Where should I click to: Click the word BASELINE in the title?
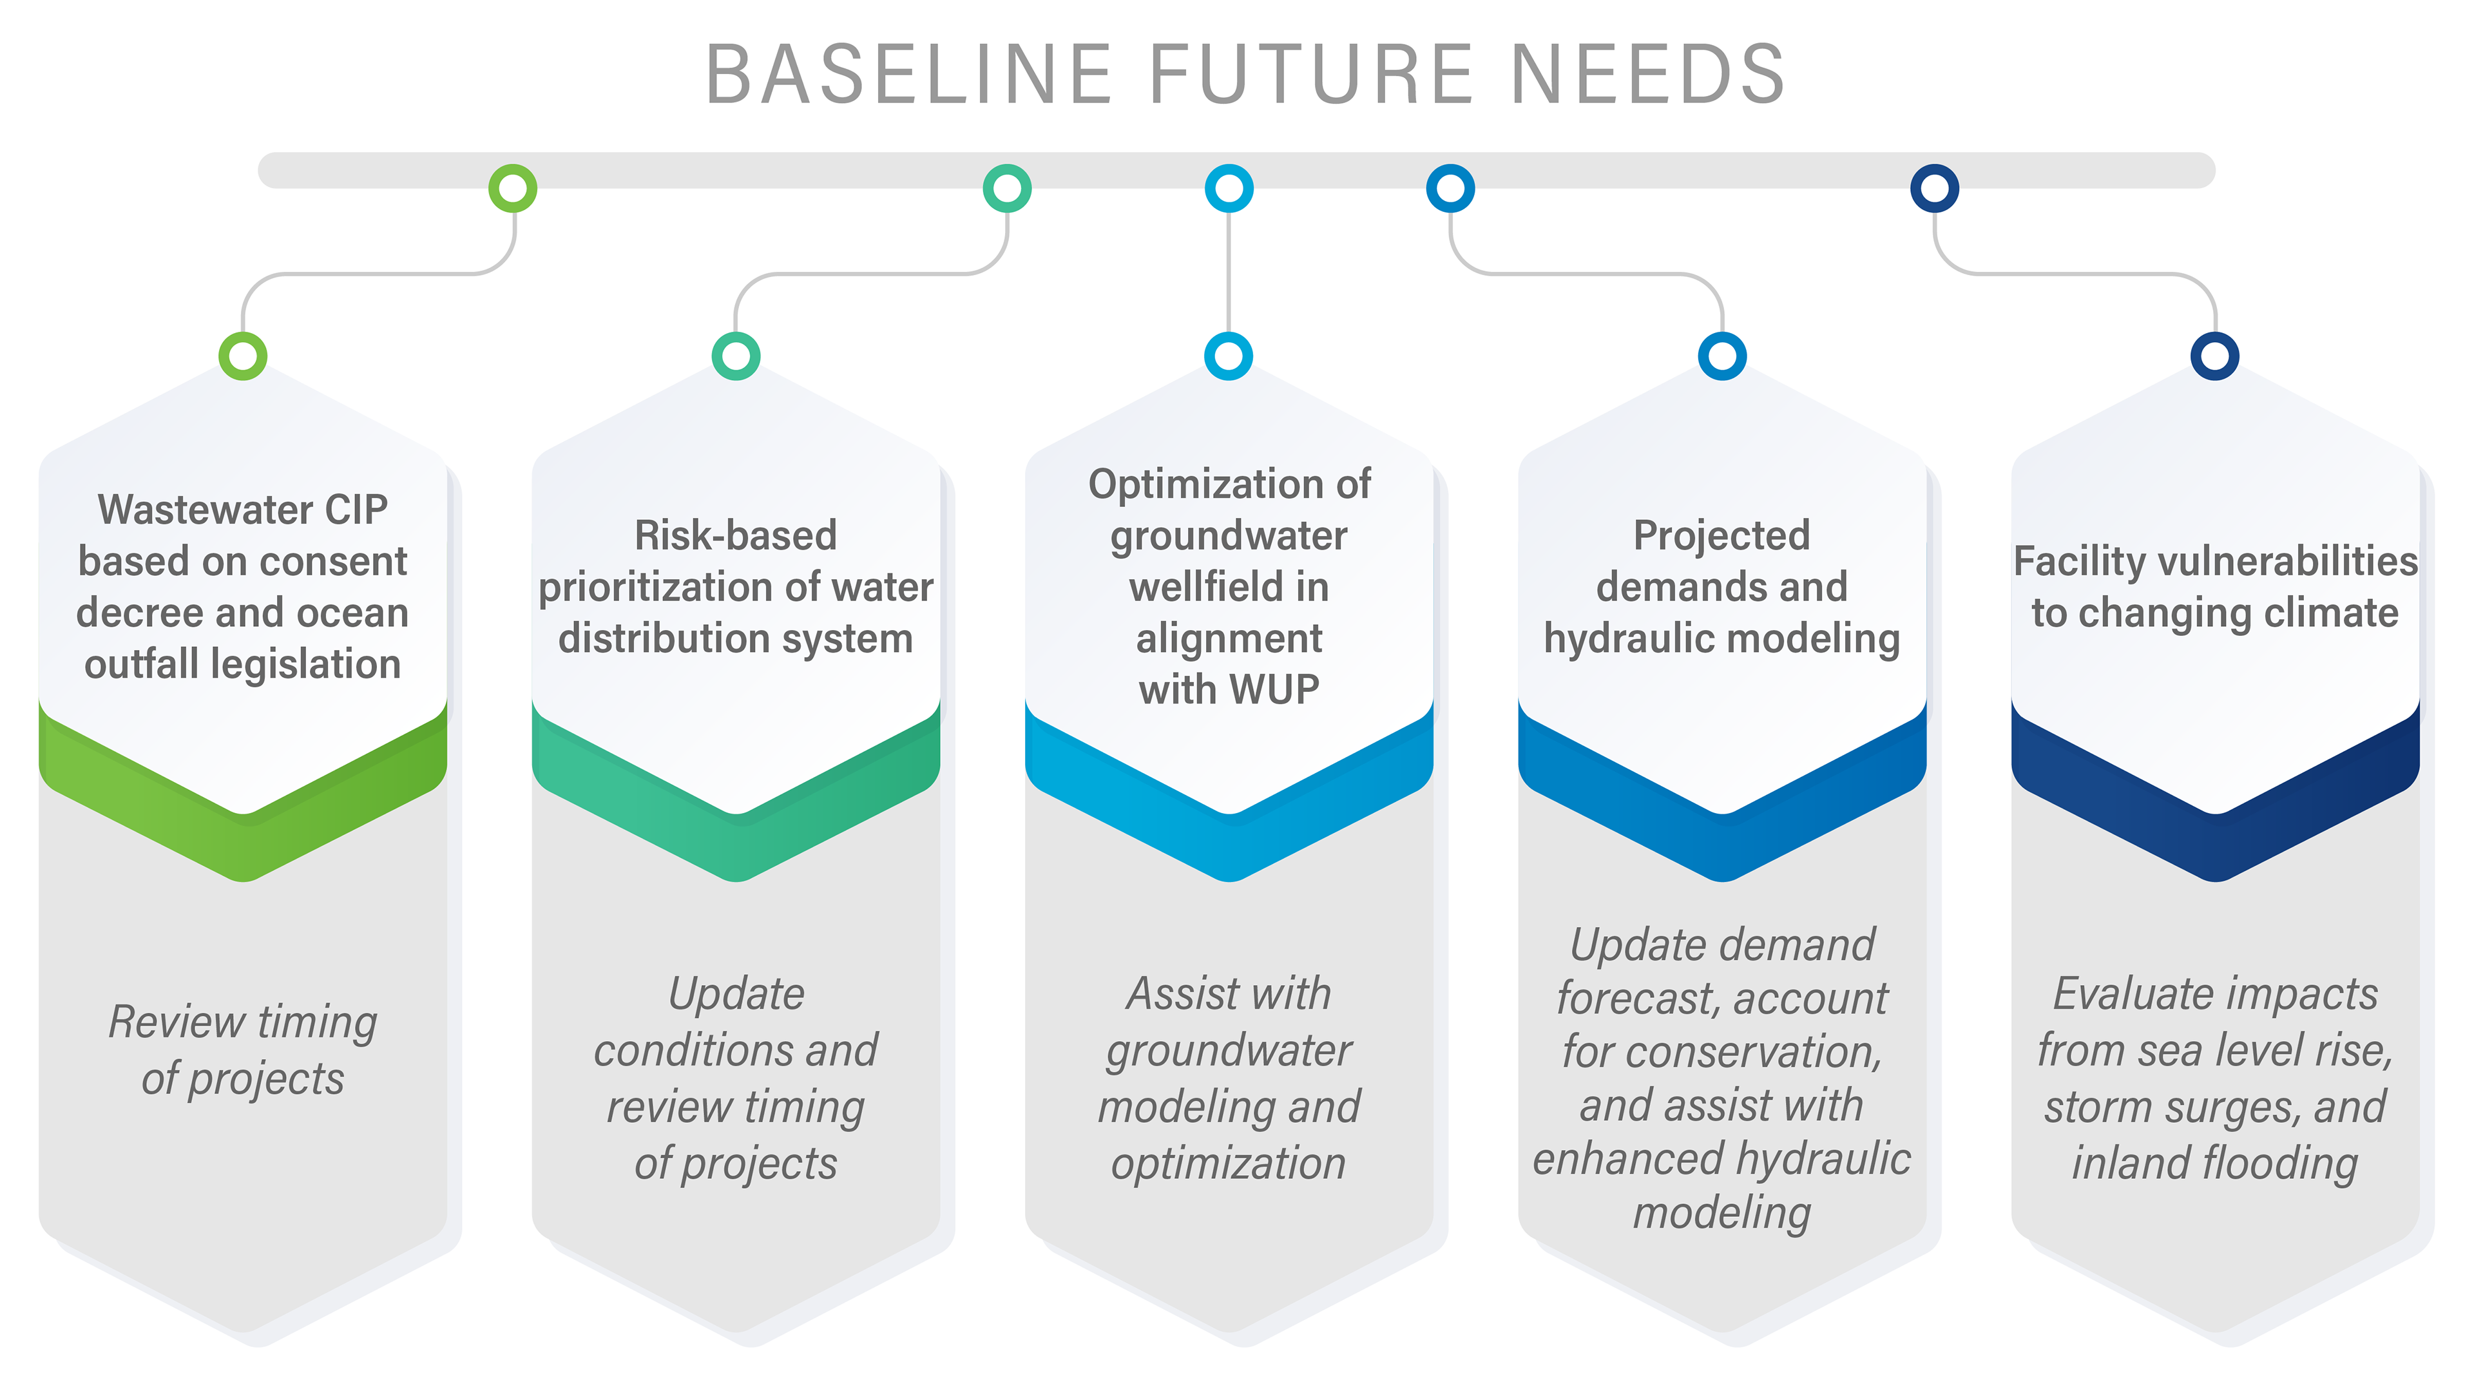[x=908, y=74]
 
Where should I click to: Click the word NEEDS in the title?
[x=1647, y=74]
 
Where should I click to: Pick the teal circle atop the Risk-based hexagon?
[x=736, y=356]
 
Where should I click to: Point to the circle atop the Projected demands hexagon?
[x=1722, y=356]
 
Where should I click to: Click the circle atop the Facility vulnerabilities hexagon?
[x=2215, y=356]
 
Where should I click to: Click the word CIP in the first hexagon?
[x=356, y=510]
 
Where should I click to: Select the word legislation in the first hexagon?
[x=305, y=664]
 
